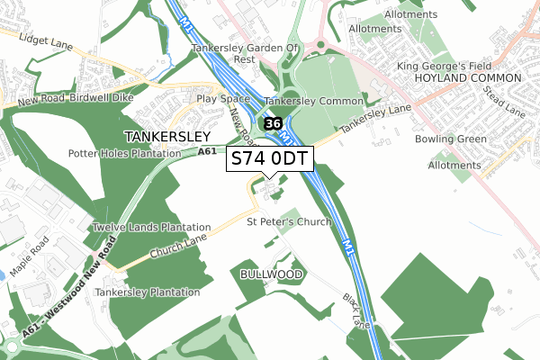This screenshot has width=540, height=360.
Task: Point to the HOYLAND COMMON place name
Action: [x=461, y=79]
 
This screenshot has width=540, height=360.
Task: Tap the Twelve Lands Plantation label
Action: [x=150, y=228]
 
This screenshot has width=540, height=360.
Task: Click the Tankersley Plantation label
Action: [x=148, y=292]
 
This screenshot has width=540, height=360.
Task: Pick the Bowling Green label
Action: [x=451, y=139]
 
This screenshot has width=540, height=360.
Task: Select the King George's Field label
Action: [x=454, y=66]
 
